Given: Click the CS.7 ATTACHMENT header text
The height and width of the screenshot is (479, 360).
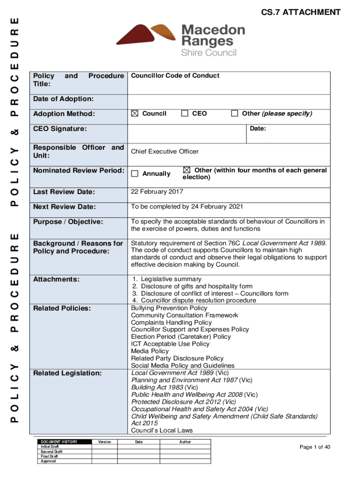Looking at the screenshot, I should (301, 13).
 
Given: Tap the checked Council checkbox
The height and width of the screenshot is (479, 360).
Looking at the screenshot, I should (135, 114).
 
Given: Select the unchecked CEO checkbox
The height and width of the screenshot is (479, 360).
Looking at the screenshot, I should (185, 114).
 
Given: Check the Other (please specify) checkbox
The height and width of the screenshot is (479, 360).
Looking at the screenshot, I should (235, 114).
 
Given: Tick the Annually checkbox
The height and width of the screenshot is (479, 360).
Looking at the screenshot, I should (135, 174).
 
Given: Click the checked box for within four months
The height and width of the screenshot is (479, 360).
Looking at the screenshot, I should (187, 170).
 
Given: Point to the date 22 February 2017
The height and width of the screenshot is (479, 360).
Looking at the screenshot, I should (157, 192).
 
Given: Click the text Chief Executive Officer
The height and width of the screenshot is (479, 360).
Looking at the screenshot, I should (165, 152).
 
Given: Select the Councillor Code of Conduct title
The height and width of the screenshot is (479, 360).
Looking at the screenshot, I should (175, 76).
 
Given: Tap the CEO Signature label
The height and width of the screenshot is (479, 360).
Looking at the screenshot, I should (59, 129).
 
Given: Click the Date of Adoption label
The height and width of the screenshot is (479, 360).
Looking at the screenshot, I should (63, 99).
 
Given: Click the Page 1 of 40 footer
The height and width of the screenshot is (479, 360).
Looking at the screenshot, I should (315, 447).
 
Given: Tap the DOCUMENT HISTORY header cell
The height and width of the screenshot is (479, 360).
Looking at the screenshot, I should (59, 442).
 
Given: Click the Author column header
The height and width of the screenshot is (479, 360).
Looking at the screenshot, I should (185, 442).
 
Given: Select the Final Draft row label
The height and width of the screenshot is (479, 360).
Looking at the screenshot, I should (49, 457).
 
